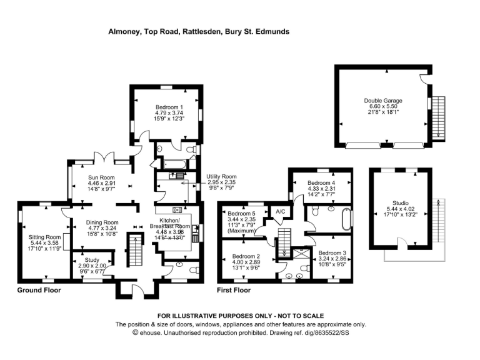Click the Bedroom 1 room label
[x=169, y=107]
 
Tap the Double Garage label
[x=383, y=101]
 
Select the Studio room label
[x=401, y=203]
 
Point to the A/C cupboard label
[x=281, y=211]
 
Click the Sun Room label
[x=101, y=177]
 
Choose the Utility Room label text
[x=221, y=177]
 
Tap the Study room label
[x=92, y=260]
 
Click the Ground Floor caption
[x=39, y=290]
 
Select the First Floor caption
[x=234, y=290]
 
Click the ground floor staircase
[x=135, y=249]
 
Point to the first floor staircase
[x=284, y=242]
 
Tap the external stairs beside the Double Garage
[x=438, y=118]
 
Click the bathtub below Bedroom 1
[x=174, y=164]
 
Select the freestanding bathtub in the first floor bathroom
[x=346, y=219]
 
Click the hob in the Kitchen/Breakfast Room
[x=177, y=210]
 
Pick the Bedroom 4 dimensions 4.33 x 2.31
[x=321, y=189]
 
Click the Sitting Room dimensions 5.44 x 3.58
[x=45, y=242]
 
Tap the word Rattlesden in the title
[x=201, y=31]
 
